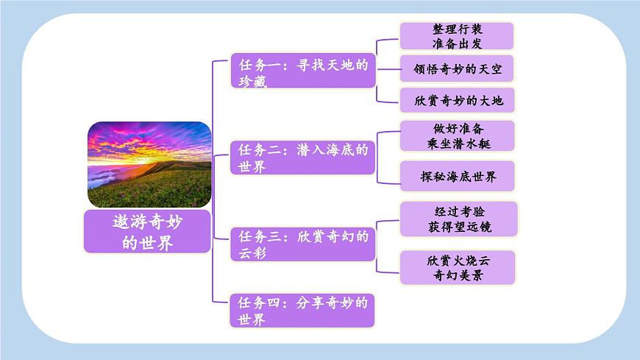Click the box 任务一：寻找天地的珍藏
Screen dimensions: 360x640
click(302, 72)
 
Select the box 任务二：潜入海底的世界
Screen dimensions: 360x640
click(302, 158)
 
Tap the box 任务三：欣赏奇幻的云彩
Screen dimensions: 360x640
click(302, 244)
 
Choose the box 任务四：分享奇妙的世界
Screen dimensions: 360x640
click(302, 310)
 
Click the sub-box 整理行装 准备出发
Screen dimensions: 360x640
click(456, 36)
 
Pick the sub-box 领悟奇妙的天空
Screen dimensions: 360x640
click(456, 68)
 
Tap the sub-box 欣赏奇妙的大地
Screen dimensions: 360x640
click(456, 99)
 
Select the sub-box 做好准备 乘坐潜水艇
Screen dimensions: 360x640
click(456, 136)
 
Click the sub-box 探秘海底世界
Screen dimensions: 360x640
click(456, 177)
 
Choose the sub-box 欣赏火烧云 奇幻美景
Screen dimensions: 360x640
click(456, 267)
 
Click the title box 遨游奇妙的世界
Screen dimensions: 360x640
click(148, 231)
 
